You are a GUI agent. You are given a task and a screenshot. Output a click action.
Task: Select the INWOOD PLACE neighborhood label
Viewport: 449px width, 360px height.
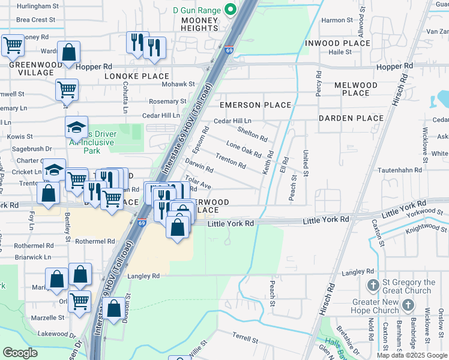337,43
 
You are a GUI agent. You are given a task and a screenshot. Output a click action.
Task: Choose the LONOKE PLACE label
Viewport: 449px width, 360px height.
137,76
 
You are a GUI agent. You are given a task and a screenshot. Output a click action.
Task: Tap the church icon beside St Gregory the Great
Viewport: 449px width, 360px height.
372,286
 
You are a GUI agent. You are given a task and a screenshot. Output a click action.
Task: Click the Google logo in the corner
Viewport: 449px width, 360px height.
20,352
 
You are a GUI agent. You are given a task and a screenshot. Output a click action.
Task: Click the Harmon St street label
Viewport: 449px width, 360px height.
333,20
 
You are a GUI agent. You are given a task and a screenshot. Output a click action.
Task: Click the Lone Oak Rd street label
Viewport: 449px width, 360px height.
244,149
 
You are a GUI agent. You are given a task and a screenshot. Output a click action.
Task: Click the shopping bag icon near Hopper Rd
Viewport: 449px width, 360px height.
68,52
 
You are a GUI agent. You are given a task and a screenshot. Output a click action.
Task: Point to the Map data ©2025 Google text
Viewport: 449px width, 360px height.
411,355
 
